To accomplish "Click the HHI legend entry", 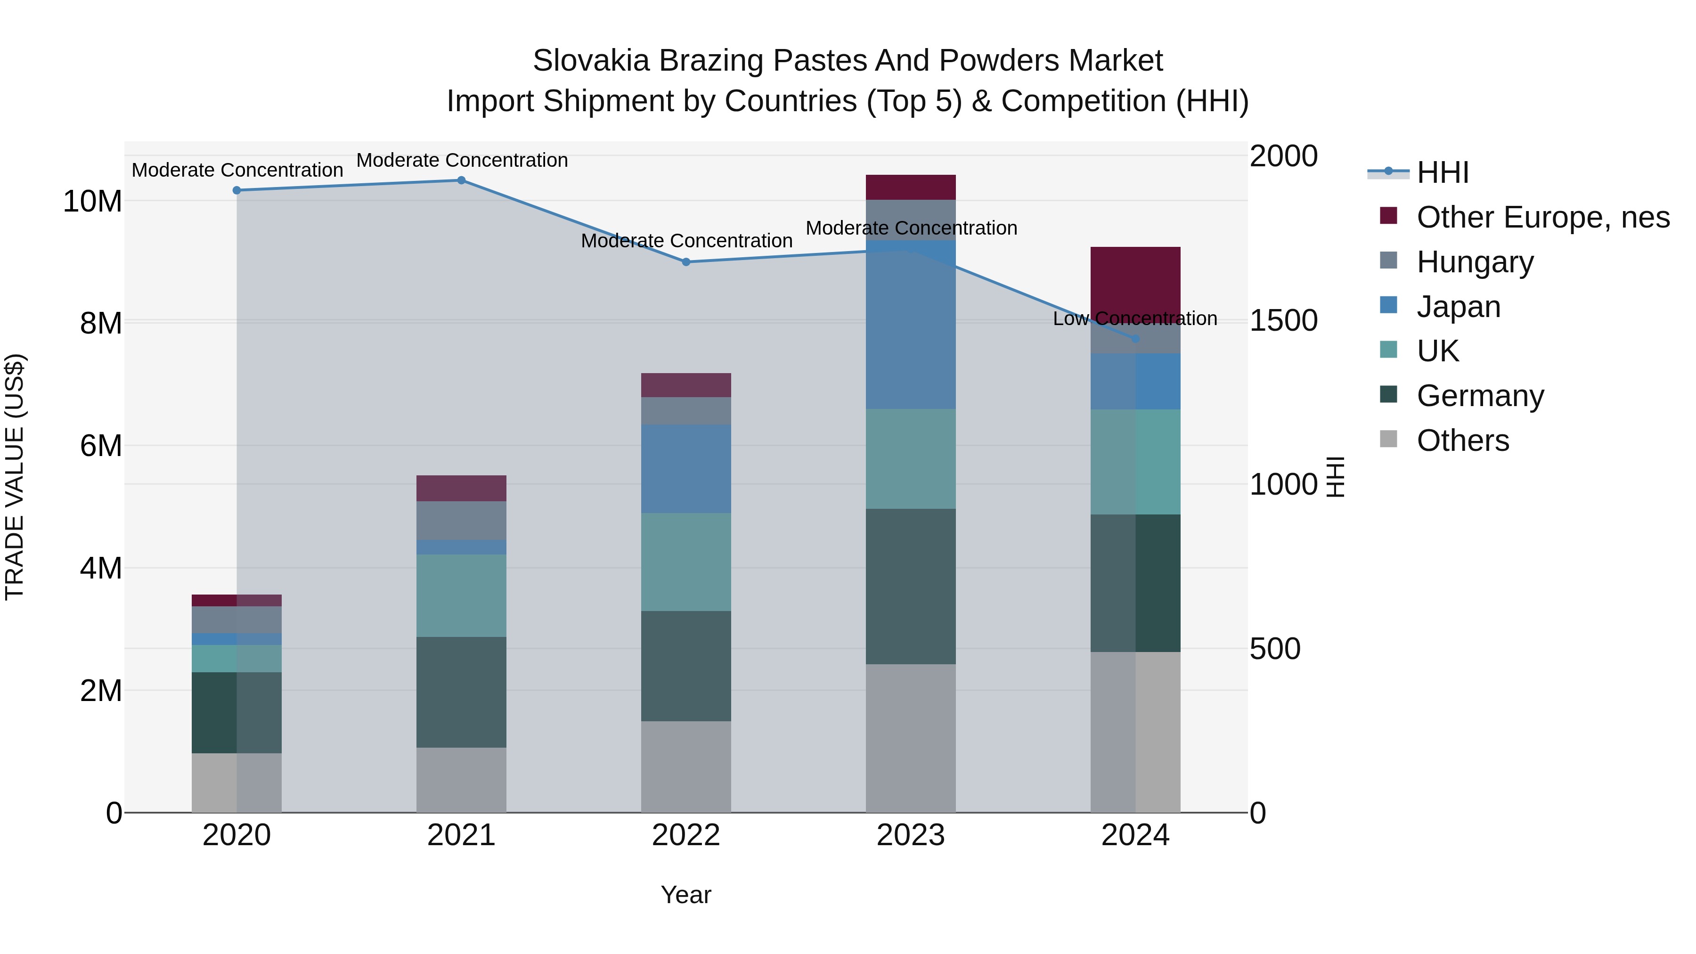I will [1442, 172].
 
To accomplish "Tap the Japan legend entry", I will [1458, 307].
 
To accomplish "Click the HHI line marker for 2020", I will [237, 190].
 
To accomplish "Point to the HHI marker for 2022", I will [686, 262].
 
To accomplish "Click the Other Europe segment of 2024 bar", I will [1135, 280].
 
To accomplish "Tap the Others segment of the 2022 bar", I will [686, 766].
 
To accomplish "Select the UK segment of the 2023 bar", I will [911, 458].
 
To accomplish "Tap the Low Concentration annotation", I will [1134, 318].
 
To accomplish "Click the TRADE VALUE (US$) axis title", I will [15, 477].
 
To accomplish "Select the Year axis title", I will [685, 895].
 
